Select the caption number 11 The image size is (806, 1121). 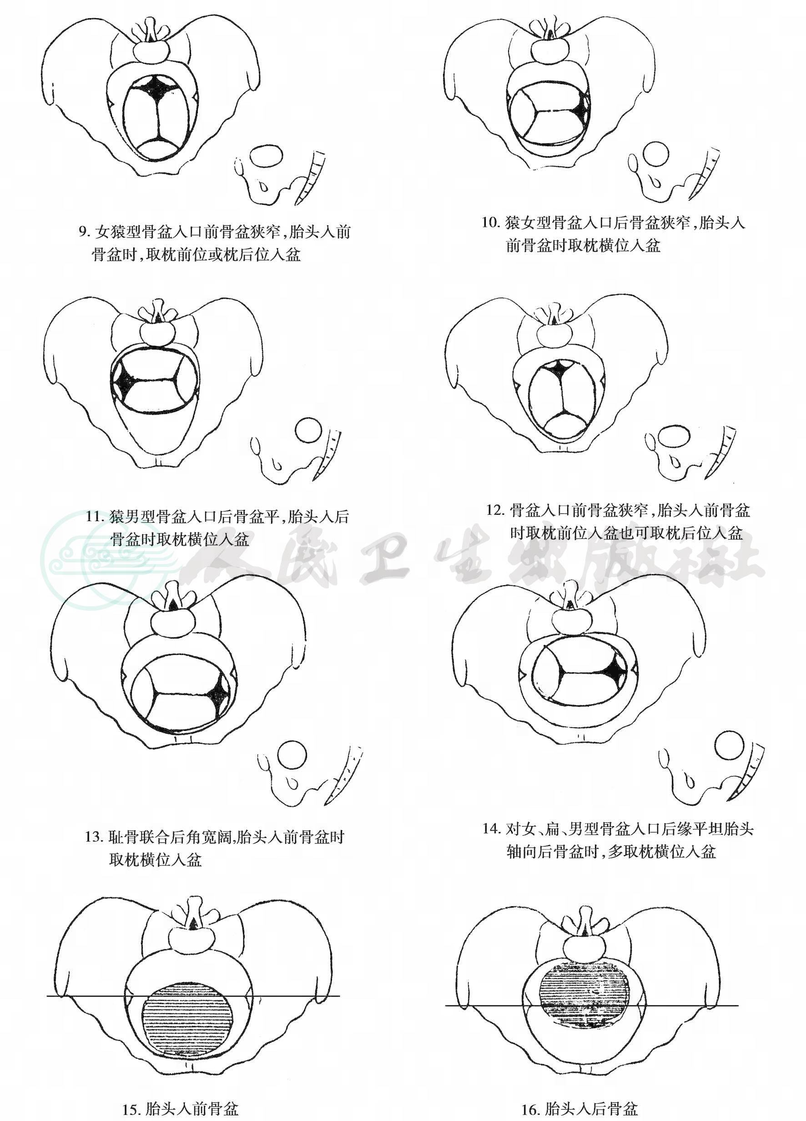95,517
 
